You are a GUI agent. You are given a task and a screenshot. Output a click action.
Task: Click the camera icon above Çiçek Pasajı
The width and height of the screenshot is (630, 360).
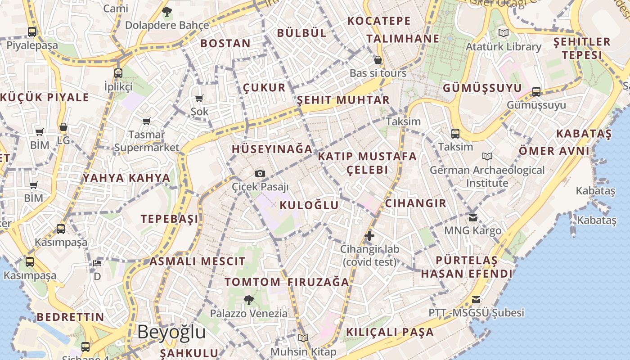click(260, 173)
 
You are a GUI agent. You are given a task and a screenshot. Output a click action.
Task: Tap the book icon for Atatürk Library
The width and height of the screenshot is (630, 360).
click(503, 33)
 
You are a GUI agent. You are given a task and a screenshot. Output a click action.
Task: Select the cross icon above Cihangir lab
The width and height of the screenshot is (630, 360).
click(369, 235)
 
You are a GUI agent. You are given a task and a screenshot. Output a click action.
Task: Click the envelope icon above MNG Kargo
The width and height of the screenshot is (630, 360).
click(472, 217)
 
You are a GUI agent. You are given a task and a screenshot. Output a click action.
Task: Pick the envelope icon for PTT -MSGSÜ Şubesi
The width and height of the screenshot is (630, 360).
click(476, 300)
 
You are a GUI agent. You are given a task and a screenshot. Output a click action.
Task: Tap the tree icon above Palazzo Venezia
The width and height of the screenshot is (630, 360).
click(248, 300)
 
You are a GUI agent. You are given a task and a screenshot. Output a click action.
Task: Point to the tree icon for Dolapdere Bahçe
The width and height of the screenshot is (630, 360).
click(167, 12)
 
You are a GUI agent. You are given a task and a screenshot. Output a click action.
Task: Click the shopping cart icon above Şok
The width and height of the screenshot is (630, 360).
click(199, 98)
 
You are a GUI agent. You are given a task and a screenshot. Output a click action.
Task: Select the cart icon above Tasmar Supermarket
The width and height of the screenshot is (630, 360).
click(146, 121)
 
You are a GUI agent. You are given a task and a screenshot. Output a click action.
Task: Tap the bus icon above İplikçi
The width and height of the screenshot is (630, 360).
click(118, 73)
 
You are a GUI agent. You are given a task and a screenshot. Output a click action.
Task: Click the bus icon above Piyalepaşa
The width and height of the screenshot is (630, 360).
click(31, 32)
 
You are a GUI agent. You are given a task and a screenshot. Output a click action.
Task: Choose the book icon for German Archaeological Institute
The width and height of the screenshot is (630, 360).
click(487, 156)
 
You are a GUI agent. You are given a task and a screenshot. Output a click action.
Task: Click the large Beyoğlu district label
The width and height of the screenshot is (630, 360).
click(171, 332)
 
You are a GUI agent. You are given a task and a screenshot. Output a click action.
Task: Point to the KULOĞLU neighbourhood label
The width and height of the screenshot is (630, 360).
click(309, 205)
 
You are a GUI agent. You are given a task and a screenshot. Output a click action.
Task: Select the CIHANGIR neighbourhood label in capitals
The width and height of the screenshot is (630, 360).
click(416, 203)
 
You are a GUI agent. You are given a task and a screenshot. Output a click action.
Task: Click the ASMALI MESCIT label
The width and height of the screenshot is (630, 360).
click(198, 261)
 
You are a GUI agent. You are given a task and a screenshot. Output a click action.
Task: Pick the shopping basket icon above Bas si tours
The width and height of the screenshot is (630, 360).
click(378, 60)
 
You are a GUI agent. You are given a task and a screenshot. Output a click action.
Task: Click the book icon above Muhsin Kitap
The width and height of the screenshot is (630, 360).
click(303, 338)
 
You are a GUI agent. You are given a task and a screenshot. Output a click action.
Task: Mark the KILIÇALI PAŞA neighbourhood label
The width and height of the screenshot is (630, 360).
click(390, 332)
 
